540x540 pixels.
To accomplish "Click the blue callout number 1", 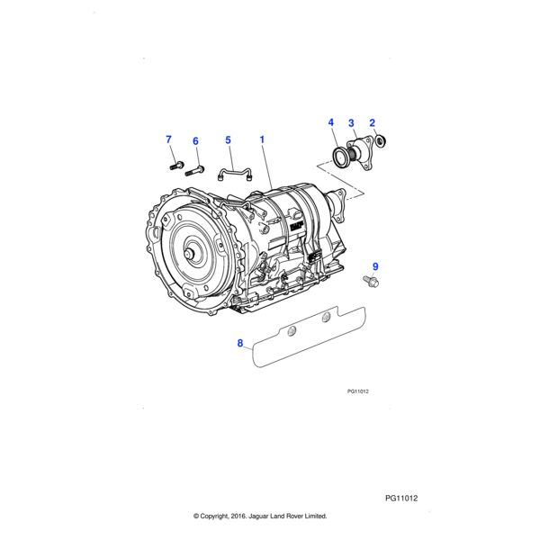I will (x=262, y=140).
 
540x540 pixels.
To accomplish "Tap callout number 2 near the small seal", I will (x=373, y=123).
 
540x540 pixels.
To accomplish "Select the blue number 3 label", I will (x=351, y=123).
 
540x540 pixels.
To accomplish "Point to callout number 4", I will (x=330, y=123).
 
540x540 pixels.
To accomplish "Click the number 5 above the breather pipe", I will (x=228, y=140).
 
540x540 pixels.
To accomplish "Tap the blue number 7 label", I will (x=167, y=139).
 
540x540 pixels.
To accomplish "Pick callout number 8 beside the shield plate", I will (x=240, y=344).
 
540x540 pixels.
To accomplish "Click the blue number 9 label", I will (x=375, y=266).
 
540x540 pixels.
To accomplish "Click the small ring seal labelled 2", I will (x=381, y=139).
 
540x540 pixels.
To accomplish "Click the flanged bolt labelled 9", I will (x=373, y=283).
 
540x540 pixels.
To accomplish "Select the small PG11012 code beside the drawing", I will (x=359, y=391).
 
